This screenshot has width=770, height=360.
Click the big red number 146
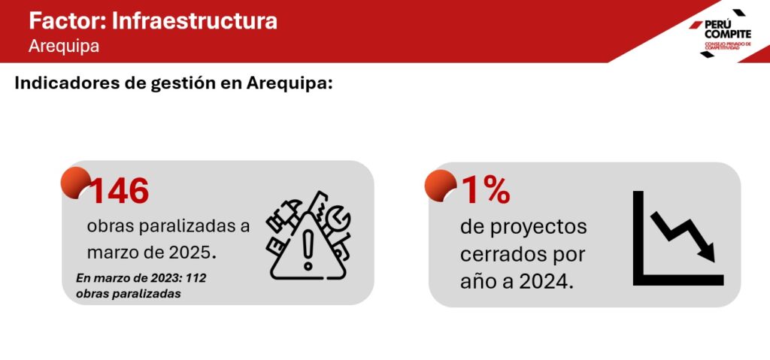[x=120, y=191]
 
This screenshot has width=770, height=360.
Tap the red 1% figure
[x=486, y=191]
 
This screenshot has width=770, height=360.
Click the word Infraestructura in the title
[x=195, y=21]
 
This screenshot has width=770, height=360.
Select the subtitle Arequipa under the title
[x=64, y=46]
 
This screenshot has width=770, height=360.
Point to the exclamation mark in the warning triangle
[x=308, y=250]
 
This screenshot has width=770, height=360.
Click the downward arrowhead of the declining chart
[x=707, y=253]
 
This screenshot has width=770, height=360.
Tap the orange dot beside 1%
[x=441, y=185]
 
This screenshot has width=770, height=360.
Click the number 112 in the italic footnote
[x=196, y=279]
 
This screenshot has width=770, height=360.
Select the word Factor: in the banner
[x=67, y=21]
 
